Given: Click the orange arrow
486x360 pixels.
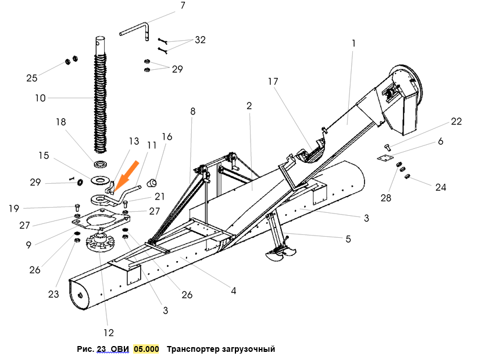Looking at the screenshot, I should pos(126,174).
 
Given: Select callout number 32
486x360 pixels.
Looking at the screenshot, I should pos(200,40).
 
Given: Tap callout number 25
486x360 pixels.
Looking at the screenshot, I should pos(32,78).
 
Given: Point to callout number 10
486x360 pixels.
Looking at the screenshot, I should pos(40,98).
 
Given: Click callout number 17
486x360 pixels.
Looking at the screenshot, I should pos(273,82).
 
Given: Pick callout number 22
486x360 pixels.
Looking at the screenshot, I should pos(456,121).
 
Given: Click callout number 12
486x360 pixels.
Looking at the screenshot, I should pos(109,333).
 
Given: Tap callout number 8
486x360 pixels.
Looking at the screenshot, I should pos(192,111).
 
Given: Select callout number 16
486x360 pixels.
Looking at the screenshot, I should pos(167,137).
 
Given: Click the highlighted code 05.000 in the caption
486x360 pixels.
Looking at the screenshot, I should pos(146,349).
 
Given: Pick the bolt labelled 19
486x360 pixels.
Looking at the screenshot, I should pos(77,207).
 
